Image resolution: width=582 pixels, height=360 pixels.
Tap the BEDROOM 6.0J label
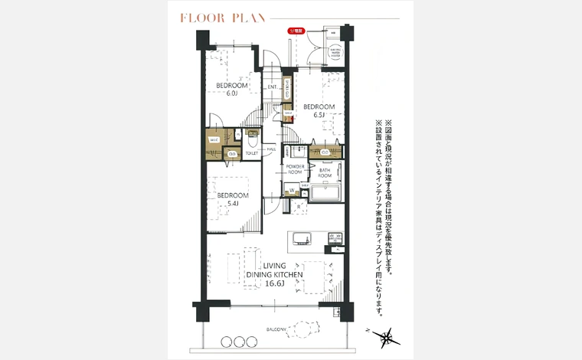[231, 90]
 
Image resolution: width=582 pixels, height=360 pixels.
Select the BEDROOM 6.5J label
[319, 110]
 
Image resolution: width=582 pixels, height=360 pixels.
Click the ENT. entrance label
[273, 87]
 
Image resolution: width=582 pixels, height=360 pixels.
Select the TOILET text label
[252, 153]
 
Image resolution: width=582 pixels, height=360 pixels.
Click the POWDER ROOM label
[296, 170]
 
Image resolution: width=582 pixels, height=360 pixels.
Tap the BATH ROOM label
[325, 173]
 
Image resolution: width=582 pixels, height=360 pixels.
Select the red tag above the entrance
[294, 31]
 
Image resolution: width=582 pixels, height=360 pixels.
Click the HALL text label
[272, 149]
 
